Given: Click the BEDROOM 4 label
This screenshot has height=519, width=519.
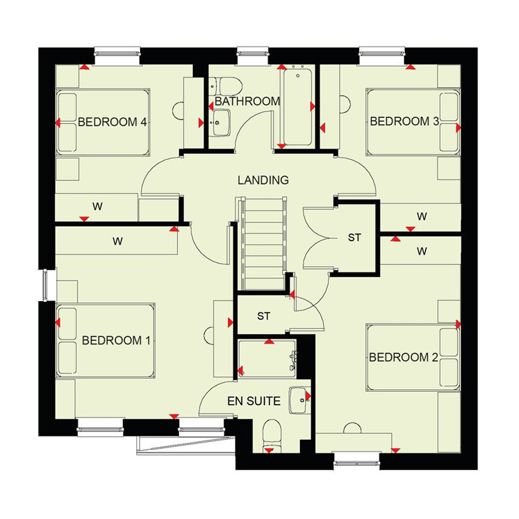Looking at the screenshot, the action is [x=112, y=122].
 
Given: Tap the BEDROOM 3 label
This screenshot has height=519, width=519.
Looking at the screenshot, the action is [x=404, y=122].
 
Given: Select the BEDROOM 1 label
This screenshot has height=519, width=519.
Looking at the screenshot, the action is [x=116, y=340].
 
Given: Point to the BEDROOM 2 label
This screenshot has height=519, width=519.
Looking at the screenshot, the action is [x=403, y=357].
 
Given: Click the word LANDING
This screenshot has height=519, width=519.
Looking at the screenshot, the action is [x=263, y=180].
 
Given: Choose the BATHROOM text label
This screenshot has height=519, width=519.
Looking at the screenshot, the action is [x=247, y=101].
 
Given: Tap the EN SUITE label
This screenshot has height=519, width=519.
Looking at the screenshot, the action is [x=254, y=401].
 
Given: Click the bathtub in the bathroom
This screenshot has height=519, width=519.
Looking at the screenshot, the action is [x=297, y=107].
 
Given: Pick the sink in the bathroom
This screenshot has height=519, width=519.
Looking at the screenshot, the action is [x=221, y=123].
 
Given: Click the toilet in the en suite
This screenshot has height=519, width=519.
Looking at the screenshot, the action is [x=272, y=436].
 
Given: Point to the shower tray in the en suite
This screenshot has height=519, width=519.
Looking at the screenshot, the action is [x=267, y=359].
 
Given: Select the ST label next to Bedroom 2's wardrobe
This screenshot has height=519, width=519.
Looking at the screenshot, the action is [x=354, y=238].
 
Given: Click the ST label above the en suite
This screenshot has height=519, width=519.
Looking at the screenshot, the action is [x=264, y=316].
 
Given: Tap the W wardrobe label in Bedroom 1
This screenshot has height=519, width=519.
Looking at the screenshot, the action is [x=118, y=241].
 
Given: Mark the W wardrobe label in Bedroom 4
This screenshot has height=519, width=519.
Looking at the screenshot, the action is [x=97, y=207].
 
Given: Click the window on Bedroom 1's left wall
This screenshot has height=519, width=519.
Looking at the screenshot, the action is [x=45, y=285].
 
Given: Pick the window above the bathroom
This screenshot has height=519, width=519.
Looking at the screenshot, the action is [x=253, y=52].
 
